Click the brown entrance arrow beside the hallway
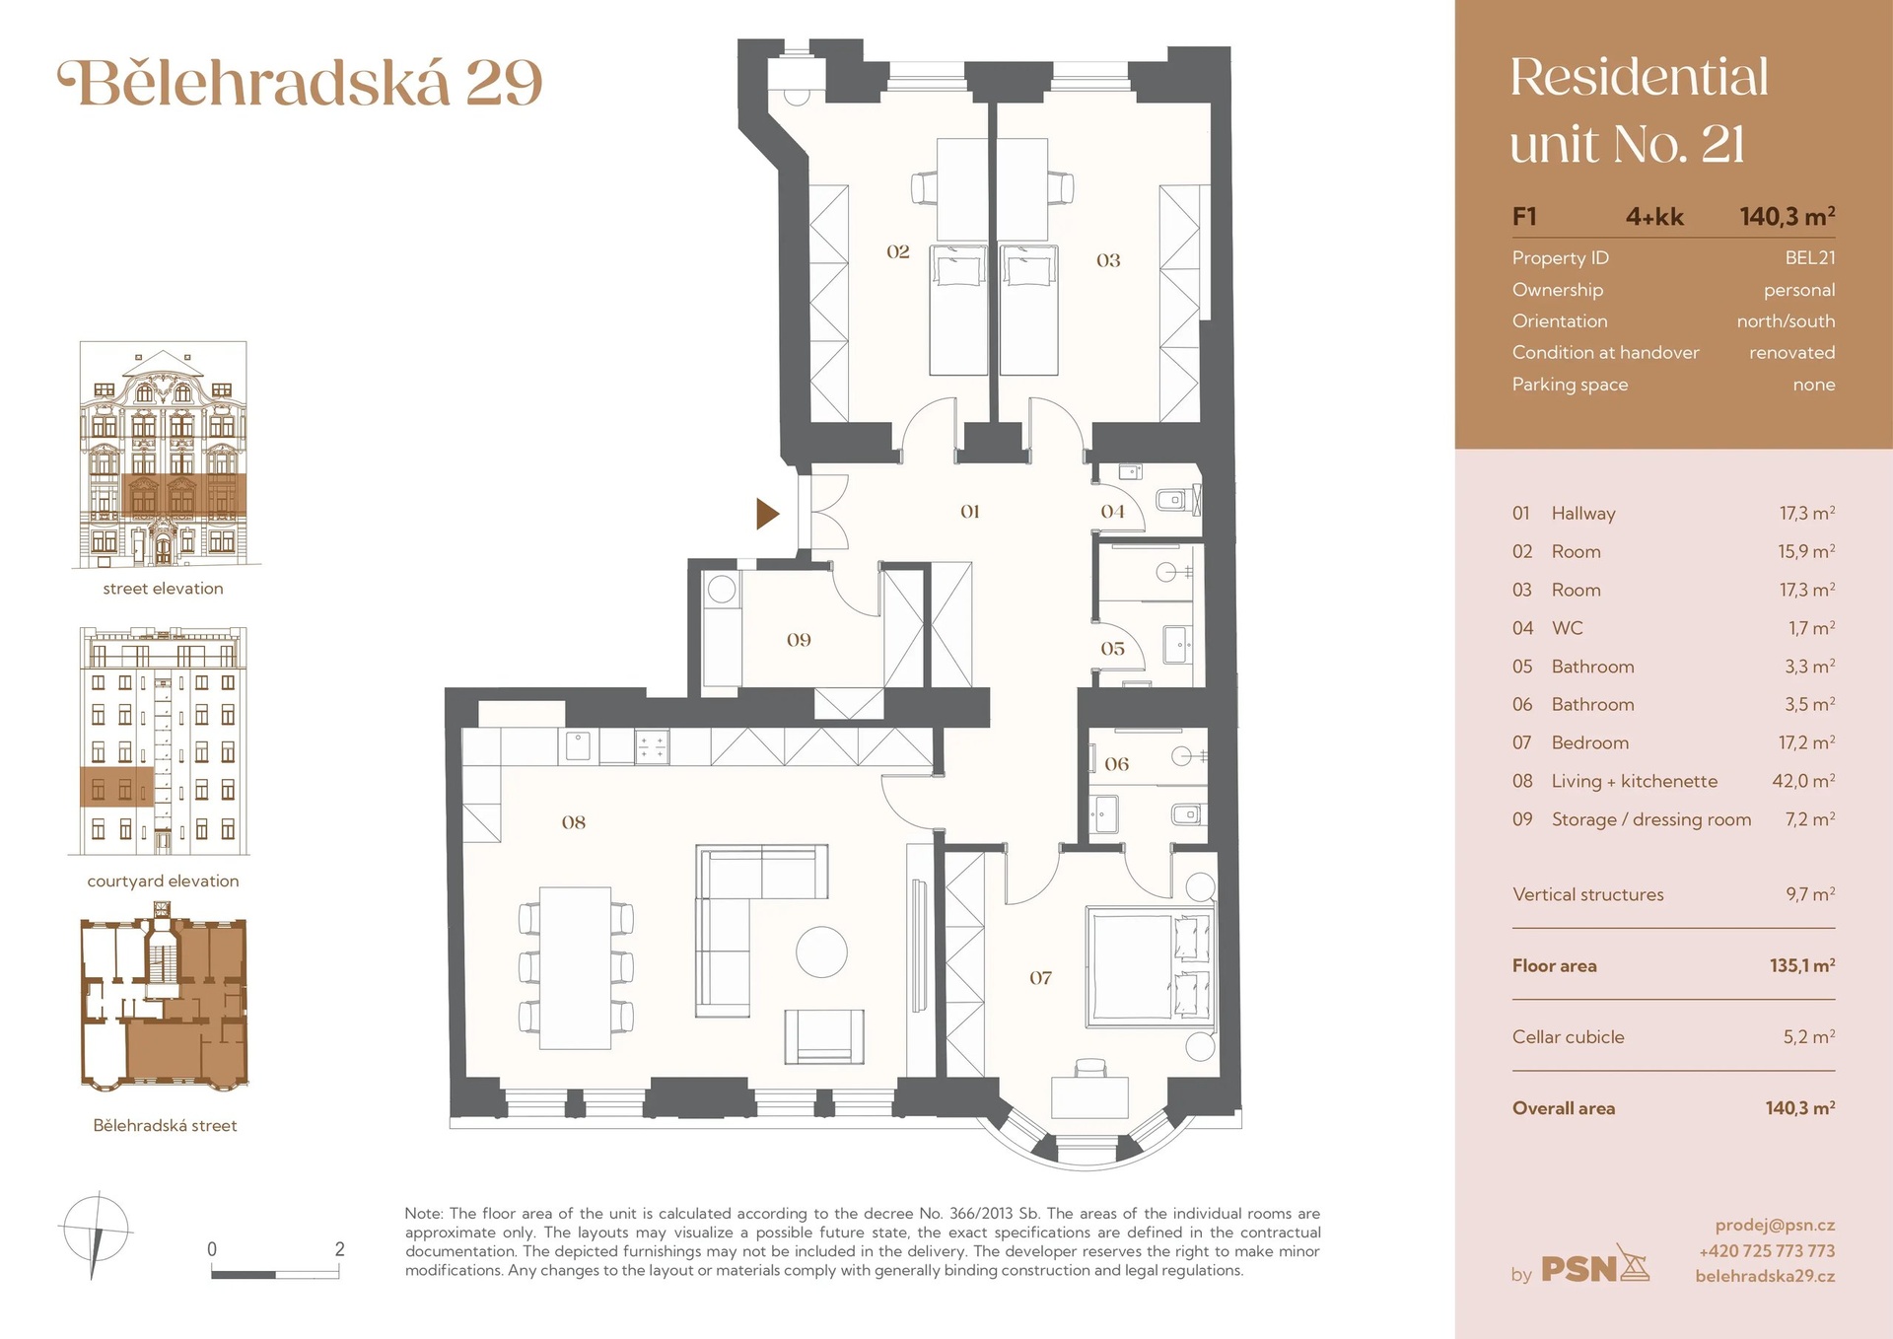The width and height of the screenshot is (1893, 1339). (767, 514)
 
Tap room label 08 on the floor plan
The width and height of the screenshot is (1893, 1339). (574, 822)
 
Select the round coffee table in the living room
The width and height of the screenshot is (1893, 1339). (821, 952)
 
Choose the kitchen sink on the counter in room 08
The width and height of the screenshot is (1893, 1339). (578, 745)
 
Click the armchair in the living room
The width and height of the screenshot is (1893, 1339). (824, 1036)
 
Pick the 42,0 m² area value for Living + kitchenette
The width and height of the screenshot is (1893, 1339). (1803, 781)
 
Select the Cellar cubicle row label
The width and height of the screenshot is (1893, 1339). (1568, 1037)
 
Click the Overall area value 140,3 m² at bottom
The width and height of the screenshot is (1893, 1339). (1800, 1108)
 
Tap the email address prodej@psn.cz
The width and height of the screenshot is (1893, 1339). (1775, 1226)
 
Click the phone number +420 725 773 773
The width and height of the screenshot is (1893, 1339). (1767, 1251)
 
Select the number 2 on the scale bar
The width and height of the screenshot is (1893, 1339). (340, 1249)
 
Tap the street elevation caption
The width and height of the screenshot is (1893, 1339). (164, 589)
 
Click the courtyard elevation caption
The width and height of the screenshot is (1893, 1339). (164, 881)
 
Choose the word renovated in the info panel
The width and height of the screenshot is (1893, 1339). (1791, 353)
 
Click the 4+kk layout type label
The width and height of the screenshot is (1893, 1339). (1654, 217)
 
